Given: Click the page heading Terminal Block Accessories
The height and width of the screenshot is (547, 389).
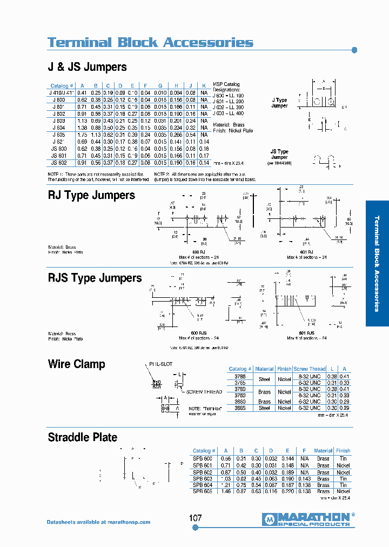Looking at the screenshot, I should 150,42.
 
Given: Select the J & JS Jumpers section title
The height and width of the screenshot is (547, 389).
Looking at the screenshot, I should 88,67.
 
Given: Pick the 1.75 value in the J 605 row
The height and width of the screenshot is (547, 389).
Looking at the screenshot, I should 82,135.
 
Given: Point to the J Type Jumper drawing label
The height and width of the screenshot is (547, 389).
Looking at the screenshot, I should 279,103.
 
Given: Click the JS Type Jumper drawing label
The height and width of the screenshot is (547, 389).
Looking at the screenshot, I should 279,155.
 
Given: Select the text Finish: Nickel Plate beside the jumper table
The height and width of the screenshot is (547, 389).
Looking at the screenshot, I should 233,131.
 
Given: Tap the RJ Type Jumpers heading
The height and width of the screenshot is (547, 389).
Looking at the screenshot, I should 91,195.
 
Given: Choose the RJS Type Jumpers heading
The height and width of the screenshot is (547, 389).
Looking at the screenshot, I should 95,278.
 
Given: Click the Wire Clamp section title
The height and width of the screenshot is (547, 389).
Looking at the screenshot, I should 76,364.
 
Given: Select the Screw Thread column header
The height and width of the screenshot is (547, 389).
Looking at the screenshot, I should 308,369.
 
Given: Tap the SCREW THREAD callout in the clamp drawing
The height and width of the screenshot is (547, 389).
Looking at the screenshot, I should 204,392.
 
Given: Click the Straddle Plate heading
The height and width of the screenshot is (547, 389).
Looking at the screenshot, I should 82,437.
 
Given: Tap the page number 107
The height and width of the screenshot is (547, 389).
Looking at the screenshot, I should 196,518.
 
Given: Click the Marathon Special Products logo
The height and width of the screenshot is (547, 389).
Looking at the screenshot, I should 308,519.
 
